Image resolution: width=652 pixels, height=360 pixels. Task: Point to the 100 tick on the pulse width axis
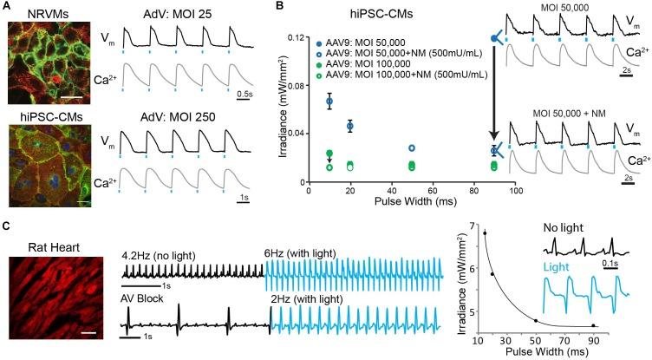coord(515,189)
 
